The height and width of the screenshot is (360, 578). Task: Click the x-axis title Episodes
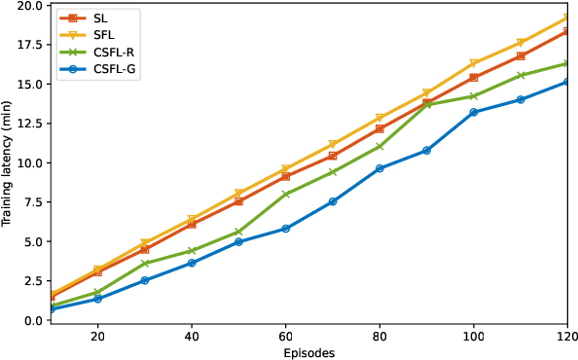[x=308, y=352]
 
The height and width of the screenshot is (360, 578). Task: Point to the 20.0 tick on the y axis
[x=28, y=5]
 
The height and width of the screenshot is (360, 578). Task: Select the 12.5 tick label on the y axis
[x=28, y=124]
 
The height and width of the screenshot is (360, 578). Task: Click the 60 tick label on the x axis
[x=285, y=336]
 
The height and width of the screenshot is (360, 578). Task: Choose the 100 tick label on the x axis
[x=474, y=336]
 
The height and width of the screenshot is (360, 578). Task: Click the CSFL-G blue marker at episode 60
[x=285, y=229]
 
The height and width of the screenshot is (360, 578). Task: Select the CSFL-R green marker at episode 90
[x=426, y=105]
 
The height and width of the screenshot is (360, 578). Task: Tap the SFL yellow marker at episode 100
[x=474, y=63]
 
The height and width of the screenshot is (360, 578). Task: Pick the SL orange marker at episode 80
[x=379, y=128]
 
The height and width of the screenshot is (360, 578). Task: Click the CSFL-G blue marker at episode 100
[x=474, y=112]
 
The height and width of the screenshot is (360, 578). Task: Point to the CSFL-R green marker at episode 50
[x=238, y=232]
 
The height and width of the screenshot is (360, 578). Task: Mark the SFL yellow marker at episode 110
[x=521, y=43]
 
